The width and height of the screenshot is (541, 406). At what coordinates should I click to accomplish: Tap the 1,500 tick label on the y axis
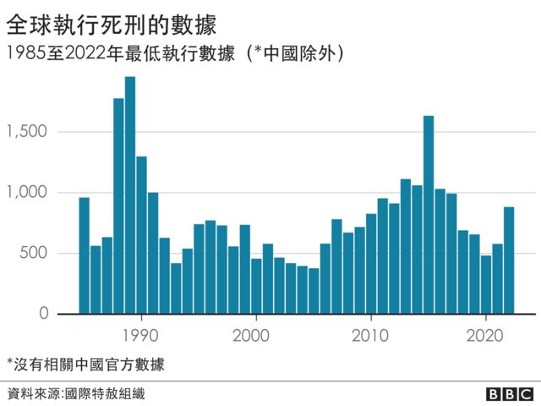(28, 132)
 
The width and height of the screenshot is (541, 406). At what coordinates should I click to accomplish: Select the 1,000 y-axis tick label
(28, 193)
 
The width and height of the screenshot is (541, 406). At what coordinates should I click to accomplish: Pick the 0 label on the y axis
(43, 314)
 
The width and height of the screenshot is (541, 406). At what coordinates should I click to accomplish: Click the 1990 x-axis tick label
(140, 332)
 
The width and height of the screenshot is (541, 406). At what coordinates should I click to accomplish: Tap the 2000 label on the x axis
(256, 332)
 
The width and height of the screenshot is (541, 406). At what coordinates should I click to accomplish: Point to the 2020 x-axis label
(486, 332)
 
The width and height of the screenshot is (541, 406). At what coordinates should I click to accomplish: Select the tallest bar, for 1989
(130, 195)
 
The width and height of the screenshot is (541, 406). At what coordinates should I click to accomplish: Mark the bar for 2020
(486, 284)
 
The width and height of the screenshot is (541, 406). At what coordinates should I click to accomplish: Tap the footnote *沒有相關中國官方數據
(85, 365)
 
